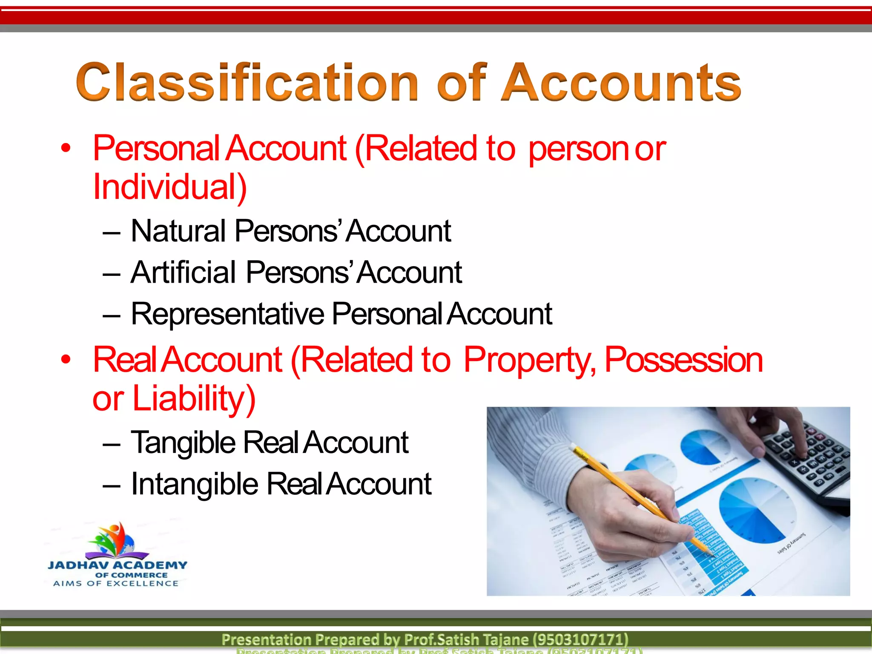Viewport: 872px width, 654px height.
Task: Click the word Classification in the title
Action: [x=247, y=82]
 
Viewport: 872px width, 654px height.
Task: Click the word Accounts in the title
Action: [x=621, y=82]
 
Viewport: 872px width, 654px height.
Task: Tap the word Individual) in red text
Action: [x=169, y=187]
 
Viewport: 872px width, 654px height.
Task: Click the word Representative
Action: [x=228, y=314]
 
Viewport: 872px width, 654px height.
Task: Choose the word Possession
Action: [x=683, y=360]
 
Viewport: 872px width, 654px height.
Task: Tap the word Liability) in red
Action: [x=194, y=399]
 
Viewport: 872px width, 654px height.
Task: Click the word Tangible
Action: [x=183, y=443]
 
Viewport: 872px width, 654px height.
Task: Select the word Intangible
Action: [x=195, y=485]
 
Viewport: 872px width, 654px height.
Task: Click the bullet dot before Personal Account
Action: [x=65, y=148]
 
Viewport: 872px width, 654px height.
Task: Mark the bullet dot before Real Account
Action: [x=65, y=360]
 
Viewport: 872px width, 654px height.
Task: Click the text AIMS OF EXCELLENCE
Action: [x=116, y=584]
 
